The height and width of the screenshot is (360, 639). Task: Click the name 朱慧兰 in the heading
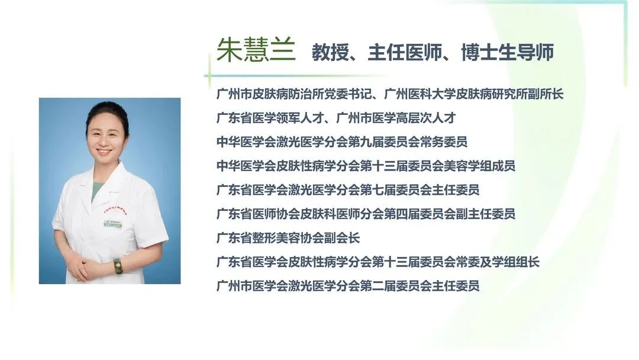256,50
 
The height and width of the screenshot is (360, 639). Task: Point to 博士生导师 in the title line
508,52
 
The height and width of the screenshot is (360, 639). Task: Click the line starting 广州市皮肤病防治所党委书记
390,94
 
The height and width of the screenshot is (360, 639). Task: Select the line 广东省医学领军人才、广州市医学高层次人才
336,118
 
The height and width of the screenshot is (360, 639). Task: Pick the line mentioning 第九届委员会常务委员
342,142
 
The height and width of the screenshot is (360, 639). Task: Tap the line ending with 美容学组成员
366,166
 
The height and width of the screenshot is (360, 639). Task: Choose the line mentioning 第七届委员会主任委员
348,190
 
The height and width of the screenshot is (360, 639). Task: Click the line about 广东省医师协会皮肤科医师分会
366,214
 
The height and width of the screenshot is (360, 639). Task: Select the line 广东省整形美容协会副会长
288,238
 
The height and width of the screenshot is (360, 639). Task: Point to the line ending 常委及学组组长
378,262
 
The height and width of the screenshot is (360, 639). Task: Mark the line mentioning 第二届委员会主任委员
348,286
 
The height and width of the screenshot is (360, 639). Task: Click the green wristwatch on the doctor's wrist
118,266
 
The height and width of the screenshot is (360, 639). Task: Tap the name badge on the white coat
113,223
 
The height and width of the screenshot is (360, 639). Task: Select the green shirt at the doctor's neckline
97,190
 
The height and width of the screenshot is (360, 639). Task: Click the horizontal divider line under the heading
295,76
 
